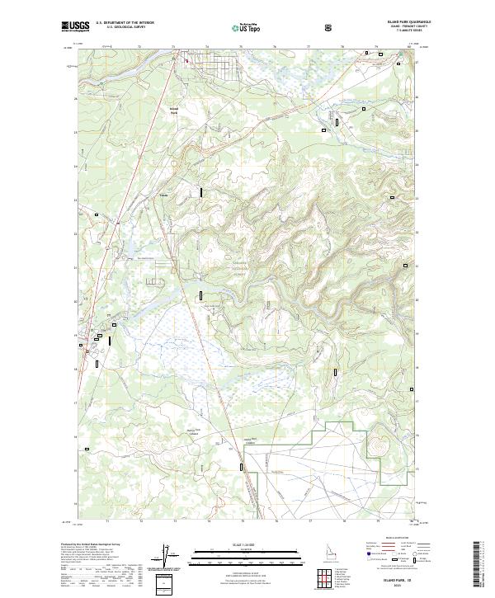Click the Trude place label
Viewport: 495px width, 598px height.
(163, 195)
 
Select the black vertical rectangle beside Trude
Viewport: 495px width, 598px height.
(200, 192)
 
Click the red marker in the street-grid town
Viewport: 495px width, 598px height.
(186, 59)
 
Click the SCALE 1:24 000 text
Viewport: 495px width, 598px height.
(247, 544)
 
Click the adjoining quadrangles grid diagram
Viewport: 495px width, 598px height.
(330, 579)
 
